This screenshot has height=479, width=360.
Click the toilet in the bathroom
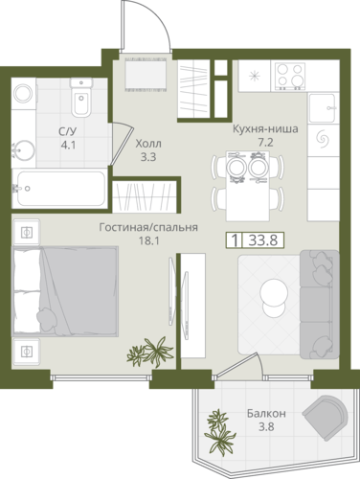click(81, 97)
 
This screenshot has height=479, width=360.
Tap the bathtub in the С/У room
click(59, 189)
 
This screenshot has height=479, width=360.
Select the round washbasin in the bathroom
click(23, 151)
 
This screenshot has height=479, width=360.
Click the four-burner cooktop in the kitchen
click(288, 77)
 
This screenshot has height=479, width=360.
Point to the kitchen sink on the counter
click(323, 107)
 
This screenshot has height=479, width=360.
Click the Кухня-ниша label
click(265, 129)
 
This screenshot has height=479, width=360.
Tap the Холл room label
click(148, 144)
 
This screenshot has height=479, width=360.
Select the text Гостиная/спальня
click(148, 227)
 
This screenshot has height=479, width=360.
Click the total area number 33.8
click(263, 239)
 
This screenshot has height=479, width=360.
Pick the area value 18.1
click(148, 240)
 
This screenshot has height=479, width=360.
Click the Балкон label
click(266, 414)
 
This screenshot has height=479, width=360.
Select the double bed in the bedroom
click(65, 291)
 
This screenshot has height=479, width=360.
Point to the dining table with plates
click(248, 186)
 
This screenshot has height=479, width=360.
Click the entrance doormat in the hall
click(146, 75)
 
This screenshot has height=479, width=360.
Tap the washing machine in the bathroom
click(24, 93)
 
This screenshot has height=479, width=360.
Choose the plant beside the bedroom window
click(150, 352)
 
